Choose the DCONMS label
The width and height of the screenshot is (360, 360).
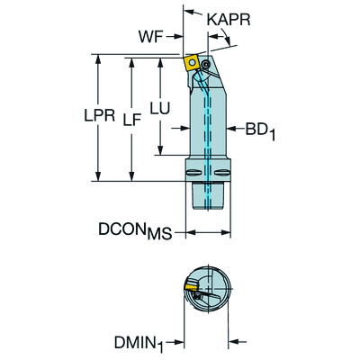pyautogui.click(x=134, y=232)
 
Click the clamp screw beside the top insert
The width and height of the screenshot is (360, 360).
pyautogui.click(x=208, y=67)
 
